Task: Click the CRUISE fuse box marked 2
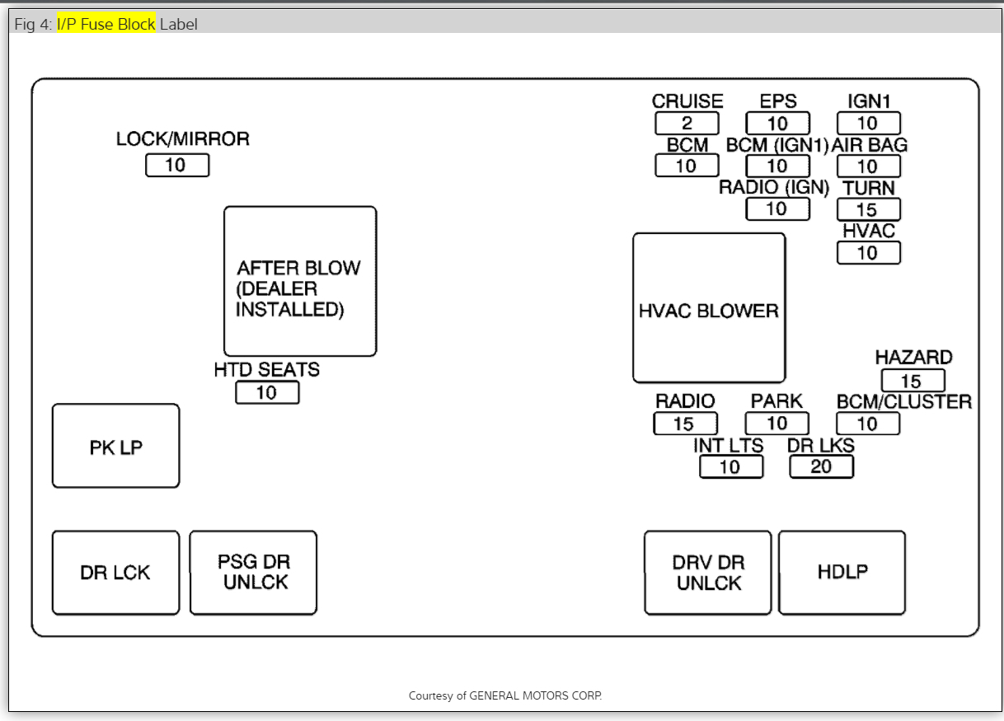click(687, 124)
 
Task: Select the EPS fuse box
click(777, 124)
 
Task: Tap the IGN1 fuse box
click(868, 124)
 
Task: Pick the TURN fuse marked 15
click(868, 209)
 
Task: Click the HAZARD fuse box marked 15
click(913, 381)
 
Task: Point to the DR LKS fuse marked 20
click(821, 466)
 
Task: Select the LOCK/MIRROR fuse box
click(177, 166)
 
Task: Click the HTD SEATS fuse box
click(267, 393)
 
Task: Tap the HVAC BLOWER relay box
click(709, 308)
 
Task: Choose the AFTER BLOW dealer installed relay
click(300, 282)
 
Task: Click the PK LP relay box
click(115, 446)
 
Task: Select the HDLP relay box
click(842, 573)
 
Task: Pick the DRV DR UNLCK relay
click(708, 573)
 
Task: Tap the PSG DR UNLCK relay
click(253, 573)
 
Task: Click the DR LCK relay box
click(115, 573)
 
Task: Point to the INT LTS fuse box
click(731, 467)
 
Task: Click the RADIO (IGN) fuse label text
click(773, 187)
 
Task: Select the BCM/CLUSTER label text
click(904, 401)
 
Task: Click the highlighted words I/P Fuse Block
click(106, 24)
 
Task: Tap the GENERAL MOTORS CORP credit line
click(505, 696)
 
